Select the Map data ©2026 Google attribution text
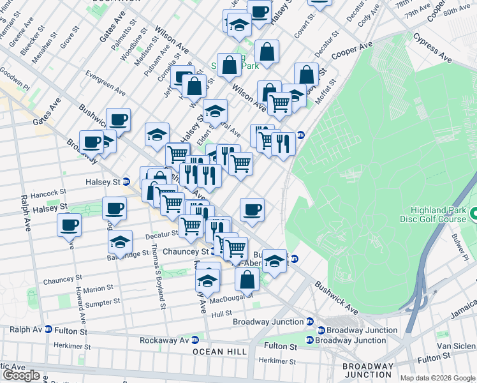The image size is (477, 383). (x=437, y=378)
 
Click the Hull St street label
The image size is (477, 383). (x=221, y=314)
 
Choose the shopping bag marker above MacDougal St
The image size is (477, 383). (x=247, y=279)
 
